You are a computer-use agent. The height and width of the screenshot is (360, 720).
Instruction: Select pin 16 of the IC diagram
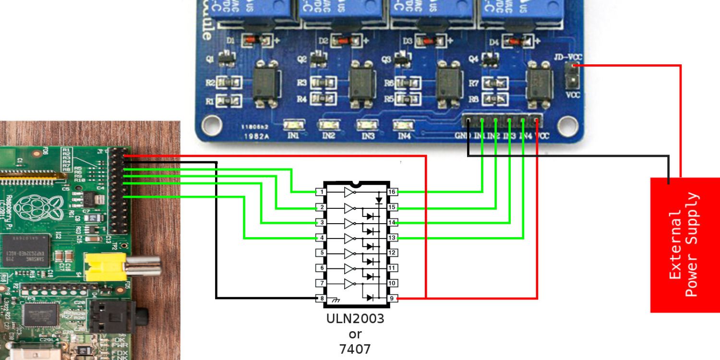click(x=392, y=192)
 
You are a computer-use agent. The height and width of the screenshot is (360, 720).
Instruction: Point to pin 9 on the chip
click(x=392, y=298)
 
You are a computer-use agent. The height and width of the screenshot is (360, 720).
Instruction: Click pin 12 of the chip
click(x=392, y=252)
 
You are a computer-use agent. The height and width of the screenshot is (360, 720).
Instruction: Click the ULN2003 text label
click(x=355, y=319)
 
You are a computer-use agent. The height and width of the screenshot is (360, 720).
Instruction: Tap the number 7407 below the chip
click(x=355, y=349)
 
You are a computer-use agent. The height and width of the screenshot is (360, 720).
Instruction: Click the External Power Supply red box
click(x=684, y=245)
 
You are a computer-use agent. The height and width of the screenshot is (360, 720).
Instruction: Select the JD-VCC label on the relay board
click(x=567, y=57)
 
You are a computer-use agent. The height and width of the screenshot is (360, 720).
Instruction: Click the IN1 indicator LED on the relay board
click(x=293, y=125)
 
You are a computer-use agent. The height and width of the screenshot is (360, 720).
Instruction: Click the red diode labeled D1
click(x=254, y=40)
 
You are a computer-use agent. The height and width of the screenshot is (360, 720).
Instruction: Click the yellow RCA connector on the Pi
click(x=106, y=267)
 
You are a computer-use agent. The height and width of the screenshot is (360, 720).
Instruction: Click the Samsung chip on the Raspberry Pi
click(x=24, y=252)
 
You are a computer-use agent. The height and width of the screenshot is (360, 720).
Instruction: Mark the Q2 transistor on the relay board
click(x=317, y=60)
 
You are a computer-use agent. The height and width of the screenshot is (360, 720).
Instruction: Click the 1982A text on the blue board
click(x=259, y=136)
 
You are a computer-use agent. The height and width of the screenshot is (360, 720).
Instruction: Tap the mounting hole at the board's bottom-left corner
click(x=210, y=126)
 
